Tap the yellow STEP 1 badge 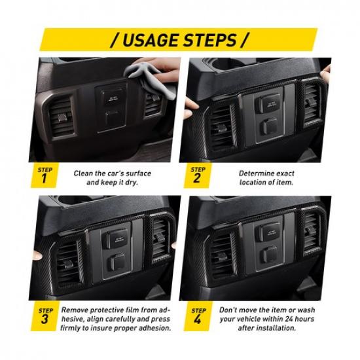(44, 175)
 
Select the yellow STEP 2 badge (197, 175)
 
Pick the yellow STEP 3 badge (44, 316)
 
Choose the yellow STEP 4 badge (198, 316)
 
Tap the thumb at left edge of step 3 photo (37, 255)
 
